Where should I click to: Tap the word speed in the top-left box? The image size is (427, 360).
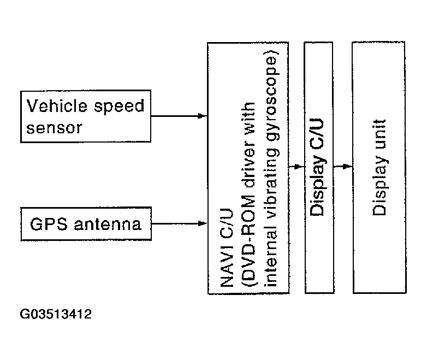(115, 106)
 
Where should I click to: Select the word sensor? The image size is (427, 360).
(55, 128)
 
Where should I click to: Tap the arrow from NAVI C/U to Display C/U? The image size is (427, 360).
(297, 166)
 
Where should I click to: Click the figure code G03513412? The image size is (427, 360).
(57, 315)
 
